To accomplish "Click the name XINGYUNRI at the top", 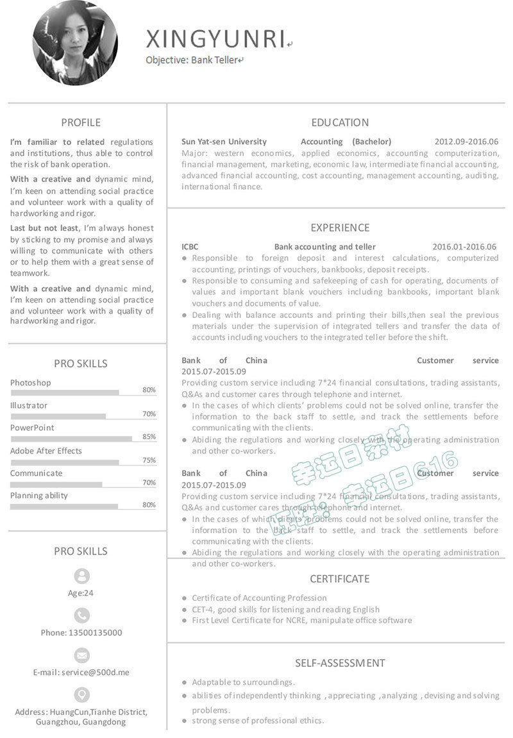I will (x=215, y=39).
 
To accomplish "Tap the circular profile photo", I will (x=76, y=43).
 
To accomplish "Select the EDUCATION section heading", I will (x=340, y=122).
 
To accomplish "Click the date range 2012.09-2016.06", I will (x=466, y=142).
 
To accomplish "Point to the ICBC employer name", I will (x=190, y=247).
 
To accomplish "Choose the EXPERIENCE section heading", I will (x=340, y=228).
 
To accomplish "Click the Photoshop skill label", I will (x=31, y=383).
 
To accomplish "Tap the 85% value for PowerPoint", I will (x=149, y=437).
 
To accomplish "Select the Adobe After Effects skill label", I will (x=46, y=451).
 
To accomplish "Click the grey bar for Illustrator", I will (x=58, y=416).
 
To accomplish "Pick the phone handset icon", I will (x=82, y=616).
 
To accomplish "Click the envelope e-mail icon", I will (x=82, y=655).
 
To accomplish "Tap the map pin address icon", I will (x=82, y=694).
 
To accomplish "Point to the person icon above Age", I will (x=82, y=576).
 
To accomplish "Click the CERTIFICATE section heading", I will (x=340, y=579).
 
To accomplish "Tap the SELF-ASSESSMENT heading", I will (x=340, y=663).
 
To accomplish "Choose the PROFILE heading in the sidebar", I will (x=81, y=122).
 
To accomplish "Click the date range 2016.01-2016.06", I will (x=464, y=247).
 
